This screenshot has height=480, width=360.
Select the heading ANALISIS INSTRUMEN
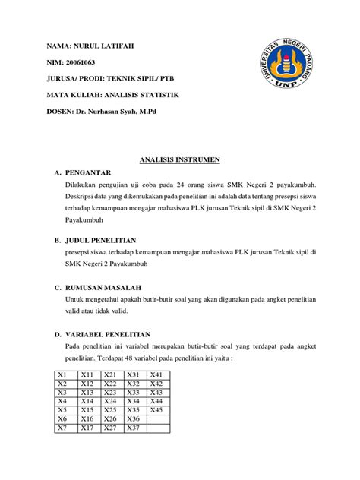pos(179,160)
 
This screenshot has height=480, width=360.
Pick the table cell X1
pos(62,375)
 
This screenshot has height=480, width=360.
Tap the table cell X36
pos(134,418)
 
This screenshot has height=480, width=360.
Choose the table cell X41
pos(157,375)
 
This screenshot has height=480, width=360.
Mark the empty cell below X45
pos(157,418)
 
